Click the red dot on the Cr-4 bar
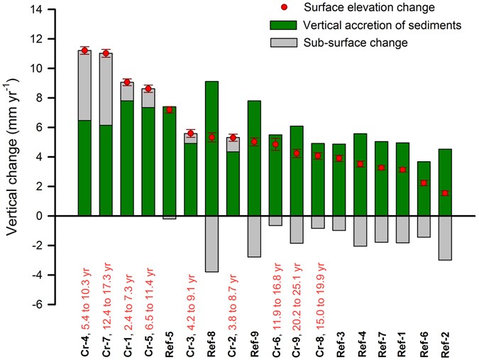point(84,50)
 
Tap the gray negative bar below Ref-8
point(211,244)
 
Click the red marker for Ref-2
point(444,193)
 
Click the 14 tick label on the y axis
point(55,9)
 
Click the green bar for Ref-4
point(360,174)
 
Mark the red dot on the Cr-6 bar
point(275,144)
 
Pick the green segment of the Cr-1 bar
point(127,158)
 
